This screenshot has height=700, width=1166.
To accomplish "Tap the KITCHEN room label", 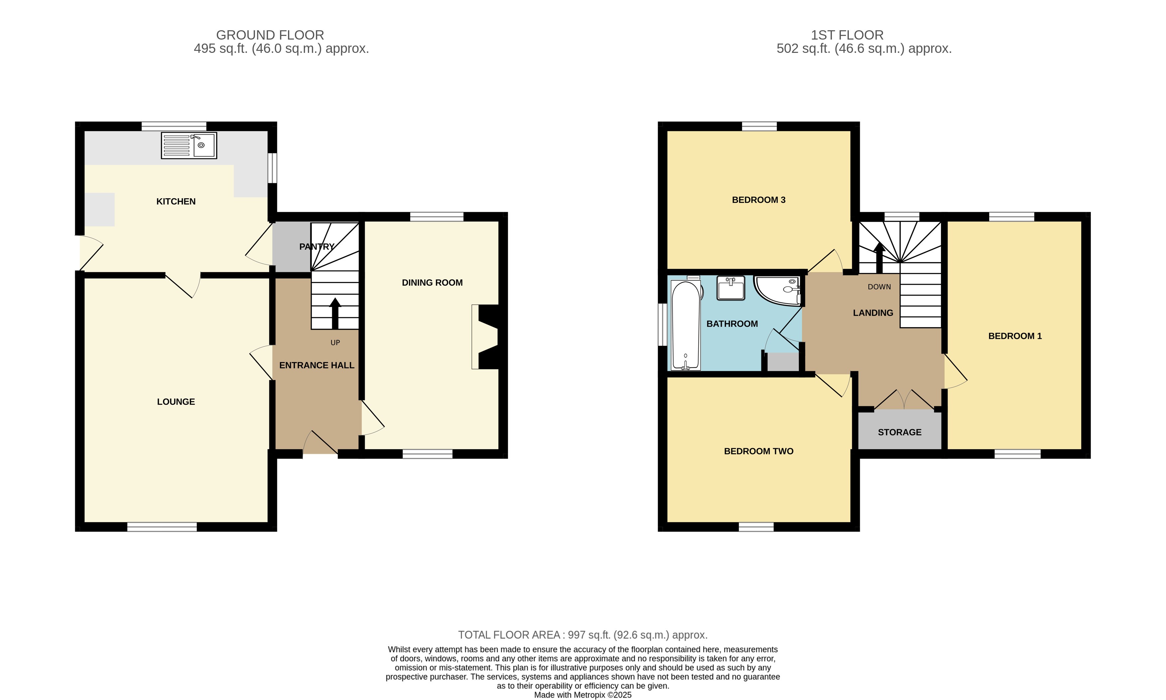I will pos(176,202).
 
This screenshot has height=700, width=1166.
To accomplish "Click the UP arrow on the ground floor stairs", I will pos(335,313).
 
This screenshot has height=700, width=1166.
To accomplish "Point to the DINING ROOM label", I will pos(432,283).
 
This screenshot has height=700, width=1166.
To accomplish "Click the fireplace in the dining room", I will pos(486,337).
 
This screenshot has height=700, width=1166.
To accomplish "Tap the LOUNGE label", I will pos(176,402).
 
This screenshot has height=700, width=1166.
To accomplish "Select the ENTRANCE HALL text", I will pos(317,365).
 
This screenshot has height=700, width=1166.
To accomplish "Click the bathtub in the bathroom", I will pos(685,326).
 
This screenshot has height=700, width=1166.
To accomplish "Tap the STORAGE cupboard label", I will pos(899,432).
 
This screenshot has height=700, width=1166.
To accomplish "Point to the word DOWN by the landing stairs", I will pos(879,287).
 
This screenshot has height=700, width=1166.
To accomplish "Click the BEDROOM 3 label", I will pos(758,200).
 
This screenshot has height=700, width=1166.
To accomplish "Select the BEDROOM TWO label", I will pos(758,451).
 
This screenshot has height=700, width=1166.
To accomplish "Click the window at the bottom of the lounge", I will pos(162,527).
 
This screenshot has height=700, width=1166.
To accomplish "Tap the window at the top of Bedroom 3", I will pos(759,126).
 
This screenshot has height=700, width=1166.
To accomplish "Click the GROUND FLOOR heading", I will pos(270,35).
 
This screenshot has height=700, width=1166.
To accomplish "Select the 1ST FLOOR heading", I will pos(847,35).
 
